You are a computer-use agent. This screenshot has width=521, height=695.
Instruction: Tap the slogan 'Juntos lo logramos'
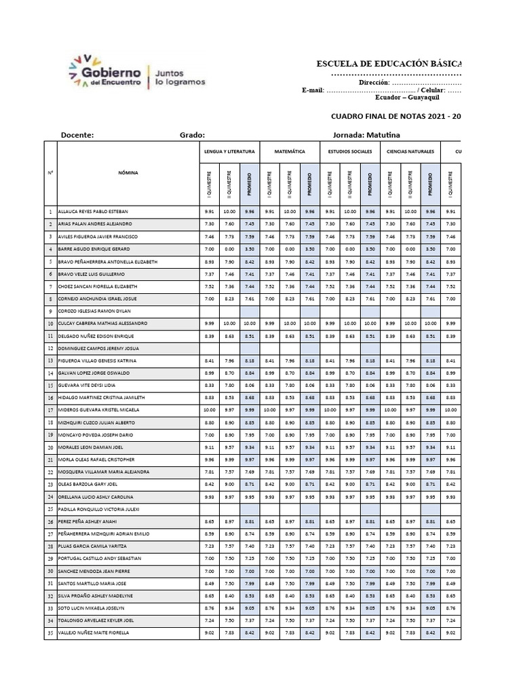click(180, 76)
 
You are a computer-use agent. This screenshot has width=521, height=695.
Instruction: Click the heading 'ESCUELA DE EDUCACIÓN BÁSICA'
click(389, 64)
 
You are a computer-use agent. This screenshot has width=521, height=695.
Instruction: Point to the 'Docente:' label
click(77, 135)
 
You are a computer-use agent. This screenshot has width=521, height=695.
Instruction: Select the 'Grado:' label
click(192, 135)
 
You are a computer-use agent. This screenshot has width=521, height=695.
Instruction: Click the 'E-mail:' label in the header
click(313, 90)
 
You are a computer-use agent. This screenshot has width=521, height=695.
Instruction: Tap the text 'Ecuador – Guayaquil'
click(404, 97)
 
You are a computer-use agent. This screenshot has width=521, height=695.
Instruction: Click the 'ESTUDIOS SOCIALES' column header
click(350, 151)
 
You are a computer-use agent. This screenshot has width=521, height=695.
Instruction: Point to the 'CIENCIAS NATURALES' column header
click(410, 151)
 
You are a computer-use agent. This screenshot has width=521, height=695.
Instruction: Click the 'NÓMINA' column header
click(127, 172)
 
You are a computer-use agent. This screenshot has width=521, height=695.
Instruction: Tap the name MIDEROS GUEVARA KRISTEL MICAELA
click(99, 410)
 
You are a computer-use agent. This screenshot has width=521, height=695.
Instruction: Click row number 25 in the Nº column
click(50, 509)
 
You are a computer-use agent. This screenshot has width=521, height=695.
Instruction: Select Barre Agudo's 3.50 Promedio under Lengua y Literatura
click(249, 249)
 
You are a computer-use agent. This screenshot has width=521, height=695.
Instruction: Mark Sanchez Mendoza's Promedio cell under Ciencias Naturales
click(430, 571)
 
